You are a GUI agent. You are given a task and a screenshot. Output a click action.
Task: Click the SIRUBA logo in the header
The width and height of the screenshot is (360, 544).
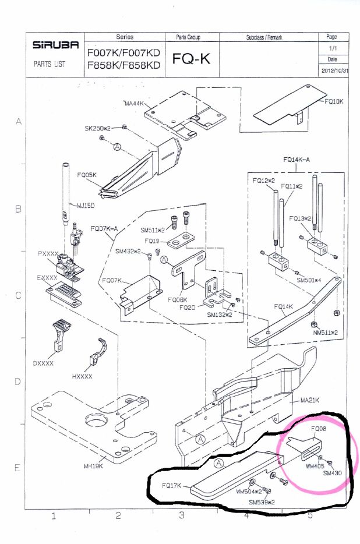(53, 45)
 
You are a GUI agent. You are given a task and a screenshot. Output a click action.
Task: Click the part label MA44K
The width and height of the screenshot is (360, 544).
(135, 104)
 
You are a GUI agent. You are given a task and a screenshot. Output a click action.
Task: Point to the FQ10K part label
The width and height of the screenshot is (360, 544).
(335, 101)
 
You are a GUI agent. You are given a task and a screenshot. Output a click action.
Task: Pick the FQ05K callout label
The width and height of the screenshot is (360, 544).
(86, 174)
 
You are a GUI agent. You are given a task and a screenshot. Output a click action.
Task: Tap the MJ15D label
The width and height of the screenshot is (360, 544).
(87, 205)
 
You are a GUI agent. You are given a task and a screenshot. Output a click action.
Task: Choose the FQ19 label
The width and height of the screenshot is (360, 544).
(152, 240)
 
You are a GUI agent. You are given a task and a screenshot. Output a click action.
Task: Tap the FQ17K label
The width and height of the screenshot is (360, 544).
(173, 484)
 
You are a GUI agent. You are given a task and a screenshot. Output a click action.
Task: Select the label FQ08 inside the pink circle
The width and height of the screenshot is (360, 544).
(318, 428)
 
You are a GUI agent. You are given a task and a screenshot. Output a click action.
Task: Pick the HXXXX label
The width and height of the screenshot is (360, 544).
(83, 376)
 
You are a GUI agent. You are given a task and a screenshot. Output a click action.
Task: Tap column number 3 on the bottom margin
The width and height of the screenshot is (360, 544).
(182, 515)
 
